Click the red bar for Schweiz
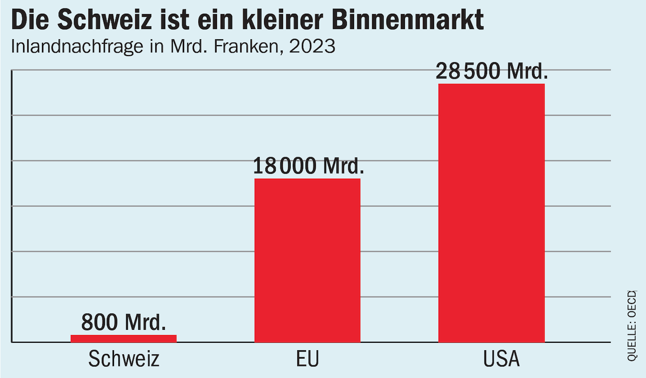point(123,338)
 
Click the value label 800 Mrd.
point(123,322)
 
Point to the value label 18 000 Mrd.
point(308,166)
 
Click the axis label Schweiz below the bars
point(124,359)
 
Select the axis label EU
point(307,359)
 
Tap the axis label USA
point(501,359)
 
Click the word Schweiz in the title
point(99,21)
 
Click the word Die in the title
point(30,21)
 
